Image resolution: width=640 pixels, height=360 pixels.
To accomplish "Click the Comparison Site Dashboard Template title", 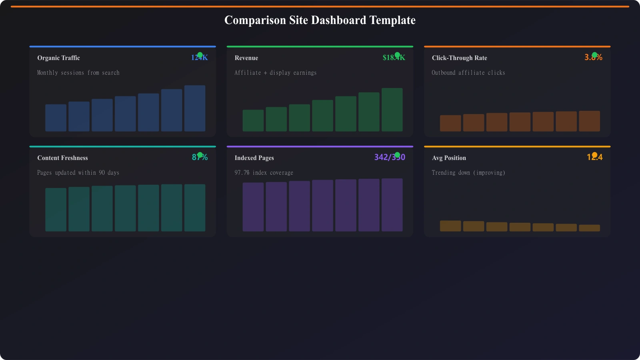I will click(320, 20).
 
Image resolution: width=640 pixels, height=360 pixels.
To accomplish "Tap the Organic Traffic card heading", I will click(58, 58).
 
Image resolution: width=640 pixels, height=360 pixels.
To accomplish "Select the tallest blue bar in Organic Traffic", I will click(195, 108).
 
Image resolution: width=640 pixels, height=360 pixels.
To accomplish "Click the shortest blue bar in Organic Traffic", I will click(56, 118).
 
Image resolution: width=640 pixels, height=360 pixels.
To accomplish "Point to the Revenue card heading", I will click(246, 58).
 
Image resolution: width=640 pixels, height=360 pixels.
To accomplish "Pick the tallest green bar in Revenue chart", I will click(392, 110).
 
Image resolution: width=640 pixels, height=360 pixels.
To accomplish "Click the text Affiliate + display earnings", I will click(275, 73).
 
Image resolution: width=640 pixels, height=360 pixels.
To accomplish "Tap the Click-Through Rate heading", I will click(459, 58).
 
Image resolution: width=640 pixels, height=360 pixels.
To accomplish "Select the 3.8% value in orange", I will click(593, 58).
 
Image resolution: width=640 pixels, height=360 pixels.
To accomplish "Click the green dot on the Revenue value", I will click(397, 55).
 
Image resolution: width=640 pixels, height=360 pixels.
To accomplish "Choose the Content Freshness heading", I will click(62, 158).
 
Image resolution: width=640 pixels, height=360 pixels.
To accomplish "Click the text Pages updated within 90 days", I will click(78, 173).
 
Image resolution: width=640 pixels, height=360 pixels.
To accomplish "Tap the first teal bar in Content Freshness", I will click(56, 210).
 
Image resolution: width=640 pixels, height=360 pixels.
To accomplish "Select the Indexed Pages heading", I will click(254, 158).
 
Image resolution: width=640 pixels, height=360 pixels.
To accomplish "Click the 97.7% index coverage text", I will click(264, 173).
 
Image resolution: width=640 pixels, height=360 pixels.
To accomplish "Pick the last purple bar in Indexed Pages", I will click(392, 205).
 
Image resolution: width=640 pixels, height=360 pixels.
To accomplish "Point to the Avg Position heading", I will click(449, 158).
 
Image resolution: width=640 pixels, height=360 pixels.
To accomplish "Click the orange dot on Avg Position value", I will click(594, 155).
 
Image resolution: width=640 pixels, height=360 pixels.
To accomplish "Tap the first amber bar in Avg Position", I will click(450, 226).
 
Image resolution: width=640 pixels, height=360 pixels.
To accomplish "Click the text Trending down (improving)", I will click(468, 173).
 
